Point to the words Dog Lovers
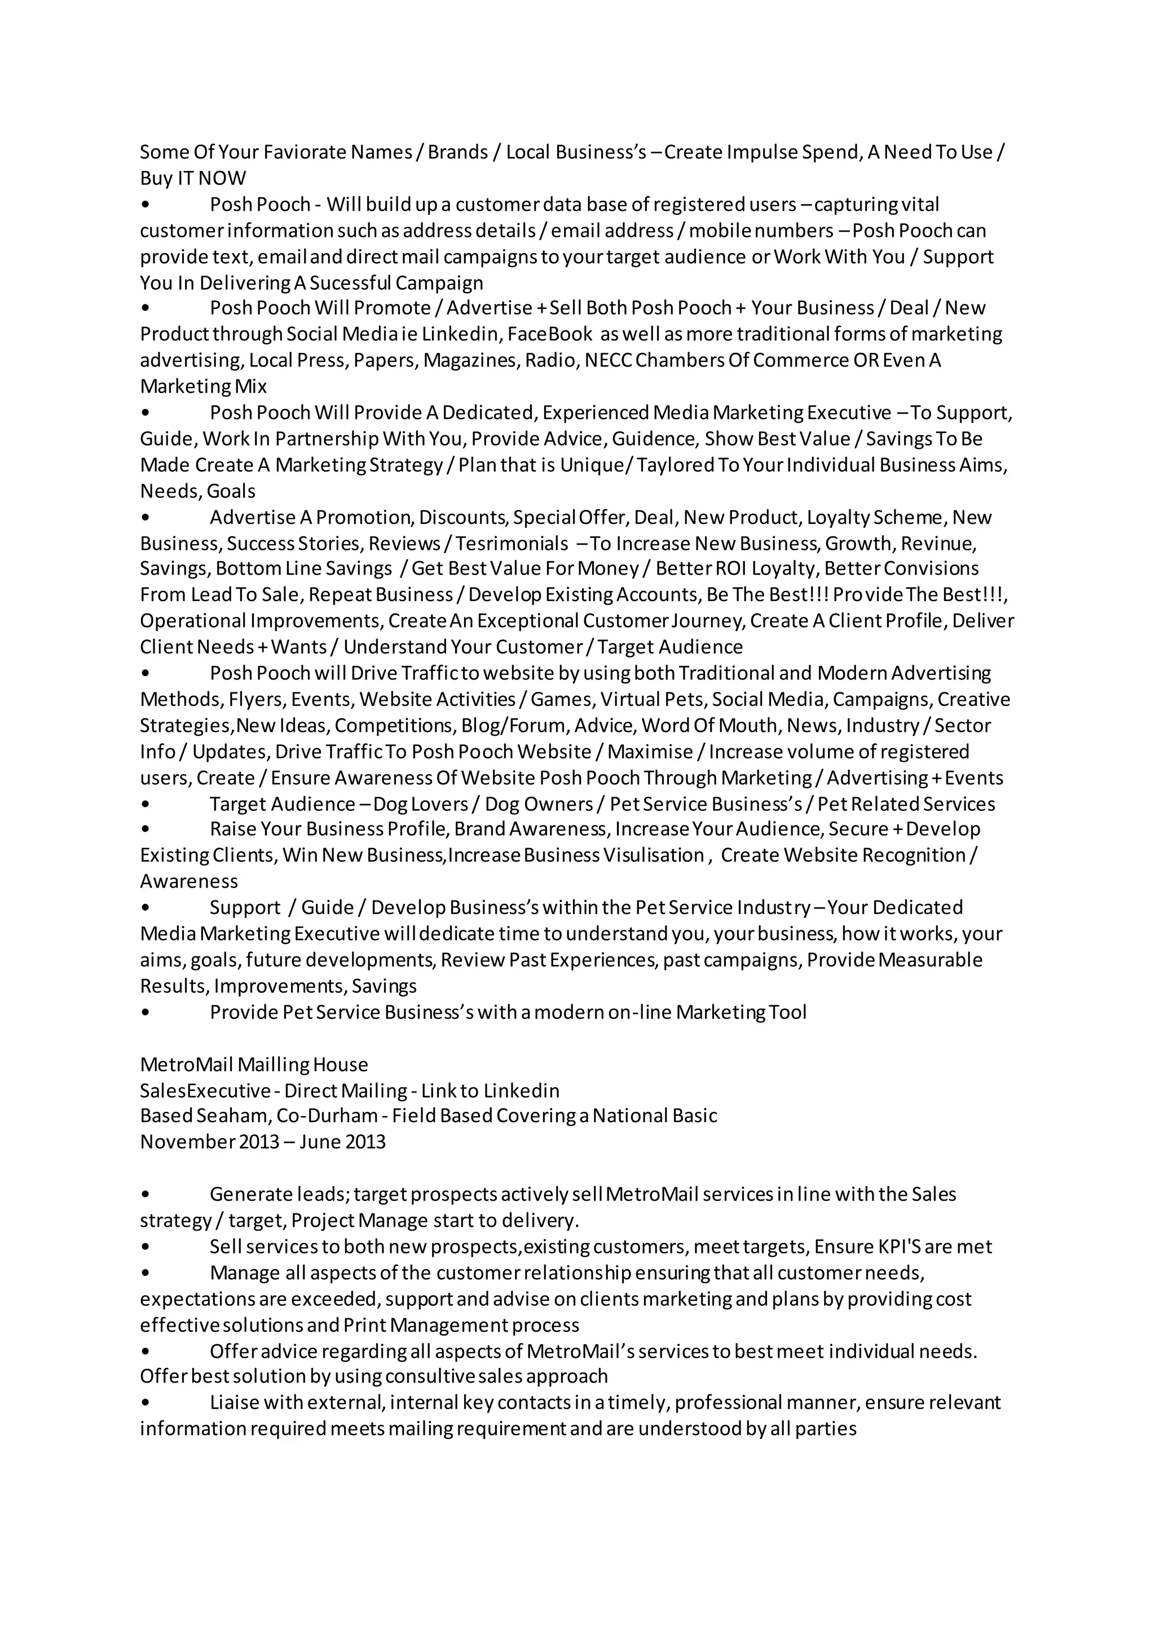point(420,805)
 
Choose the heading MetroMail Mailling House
point(254,1065)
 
